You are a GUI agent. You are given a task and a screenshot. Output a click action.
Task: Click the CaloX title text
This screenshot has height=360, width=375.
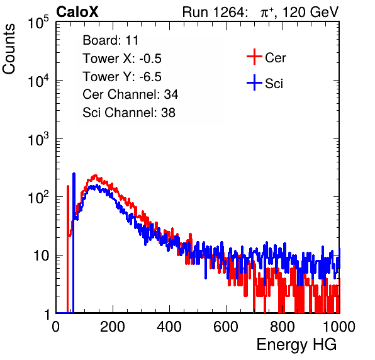tap(77, 12)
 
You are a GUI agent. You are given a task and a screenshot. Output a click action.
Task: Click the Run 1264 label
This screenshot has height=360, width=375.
tap(214, 12)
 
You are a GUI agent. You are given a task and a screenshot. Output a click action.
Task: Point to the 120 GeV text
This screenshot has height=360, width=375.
tap(310, 12)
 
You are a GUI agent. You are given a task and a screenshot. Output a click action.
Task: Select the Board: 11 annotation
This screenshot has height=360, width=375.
tap(111, 40)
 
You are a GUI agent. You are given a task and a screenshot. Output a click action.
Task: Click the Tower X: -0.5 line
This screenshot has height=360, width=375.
tap(122, 59)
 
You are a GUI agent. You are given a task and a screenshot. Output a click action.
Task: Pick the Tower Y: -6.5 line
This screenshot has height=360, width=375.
tap(122, 77)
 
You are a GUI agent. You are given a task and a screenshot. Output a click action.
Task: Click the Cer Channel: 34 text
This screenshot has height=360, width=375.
tap(130, 94)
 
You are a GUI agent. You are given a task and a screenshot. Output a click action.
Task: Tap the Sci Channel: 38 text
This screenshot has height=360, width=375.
tap(129, 113)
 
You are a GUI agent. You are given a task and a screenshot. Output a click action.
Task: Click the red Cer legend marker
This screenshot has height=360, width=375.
tap(254, 57)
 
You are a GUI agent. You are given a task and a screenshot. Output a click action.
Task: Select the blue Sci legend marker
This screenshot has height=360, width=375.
tap(254, 82)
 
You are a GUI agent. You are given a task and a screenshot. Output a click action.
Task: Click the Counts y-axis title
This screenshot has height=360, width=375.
tap(9, 49)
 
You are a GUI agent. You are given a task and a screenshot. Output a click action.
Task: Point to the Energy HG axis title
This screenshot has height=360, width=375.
tap(296, 345)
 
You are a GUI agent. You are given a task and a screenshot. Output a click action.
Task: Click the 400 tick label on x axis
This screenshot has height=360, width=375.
tap(169, 326)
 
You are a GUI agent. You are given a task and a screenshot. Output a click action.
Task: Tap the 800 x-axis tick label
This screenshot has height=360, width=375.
tap(283, 326)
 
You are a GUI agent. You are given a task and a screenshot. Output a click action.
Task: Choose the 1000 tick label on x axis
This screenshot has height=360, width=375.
tap(339, 326)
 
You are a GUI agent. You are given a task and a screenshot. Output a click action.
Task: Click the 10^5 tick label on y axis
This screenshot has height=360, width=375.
tap(38, 23)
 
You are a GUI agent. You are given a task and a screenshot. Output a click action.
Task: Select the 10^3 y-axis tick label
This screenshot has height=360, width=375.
tap(38, 139)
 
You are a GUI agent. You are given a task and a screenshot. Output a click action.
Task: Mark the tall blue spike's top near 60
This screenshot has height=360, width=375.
tap(74, 174)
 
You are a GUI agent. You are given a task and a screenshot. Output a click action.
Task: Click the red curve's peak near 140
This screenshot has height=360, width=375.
tap(95, 176)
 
